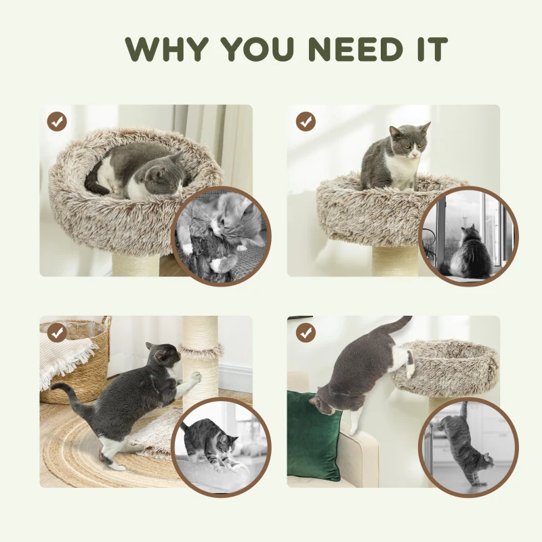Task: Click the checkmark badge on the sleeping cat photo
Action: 57,122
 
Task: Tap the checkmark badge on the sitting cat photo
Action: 306,122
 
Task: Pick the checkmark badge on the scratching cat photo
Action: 57,333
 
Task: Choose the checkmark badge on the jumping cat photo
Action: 306,333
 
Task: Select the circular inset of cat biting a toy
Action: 222,236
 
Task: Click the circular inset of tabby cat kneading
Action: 221,447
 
